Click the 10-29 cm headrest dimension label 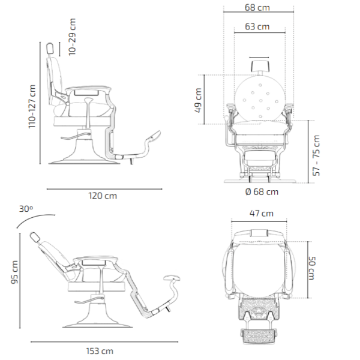pos(73,37)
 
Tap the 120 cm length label pos(103,196)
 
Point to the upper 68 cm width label pos(258,7)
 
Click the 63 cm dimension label pos(257,27)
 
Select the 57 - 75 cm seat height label pos(317,154)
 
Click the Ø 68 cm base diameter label pos(262,192)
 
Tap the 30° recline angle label pos(25,209)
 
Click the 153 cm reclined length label pos(100,350)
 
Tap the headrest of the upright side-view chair pos(52,49)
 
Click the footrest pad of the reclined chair pos(173,278)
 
